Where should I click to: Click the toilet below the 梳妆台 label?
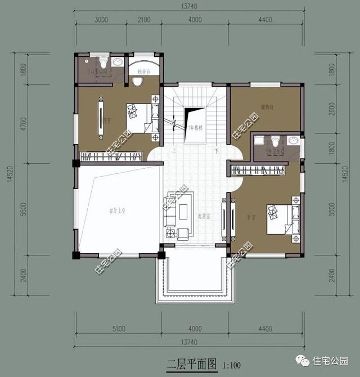137,82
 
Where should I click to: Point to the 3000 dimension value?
101,20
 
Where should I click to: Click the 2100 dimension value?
143,20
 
